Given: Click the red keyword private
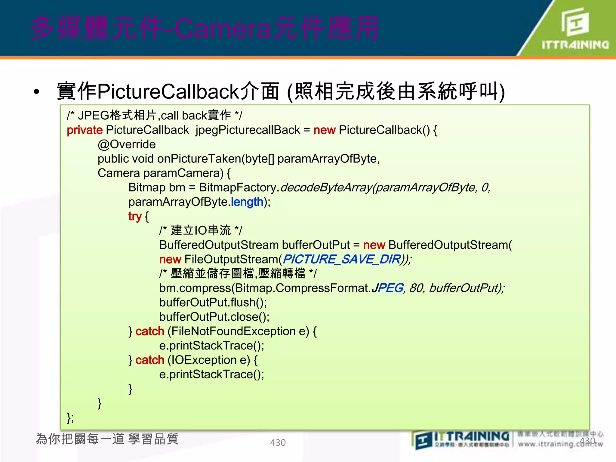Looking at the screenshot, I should click(x=85, y=130).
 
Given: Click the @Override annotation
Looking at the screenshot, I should click(x=127, y=144).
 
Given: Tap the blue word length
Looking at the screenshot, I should click(x=247, y=202).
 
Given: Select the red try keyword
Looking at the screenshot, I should click(x=134, y=216).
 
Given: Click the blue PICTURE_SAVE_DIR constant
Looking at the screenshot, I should click(x=342, y=259).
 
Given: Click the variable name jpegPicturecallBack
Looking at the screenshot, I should click(x=248, y=130).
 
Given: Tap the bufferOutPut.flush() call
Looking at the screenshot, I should click(x=213, y=303).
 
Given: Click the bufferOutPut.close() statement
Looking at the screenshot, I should click(x=214, y=317).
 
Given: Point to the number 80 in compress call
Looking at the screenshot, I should click(x=416, y=288).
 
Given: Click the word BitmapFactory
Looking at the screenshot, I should click(x=237, y=188).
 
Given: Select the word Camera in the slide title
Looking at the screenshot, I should click(x=223, y=29).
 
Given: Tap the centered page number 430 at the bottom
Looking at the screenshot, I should click(x=278, y=442).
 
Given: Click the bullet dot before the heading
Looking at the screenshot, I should click(x=37, y=92).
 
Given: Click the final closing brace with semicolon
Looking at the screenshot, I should click(x=70, y=417).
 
